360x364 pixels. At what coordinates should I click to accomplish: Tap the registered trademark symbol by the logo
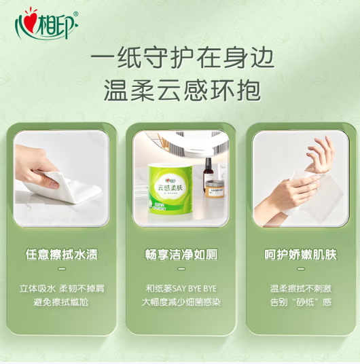coord(75,14)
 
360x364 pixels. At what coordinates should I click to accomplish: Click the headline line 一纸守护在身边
coord(182,58)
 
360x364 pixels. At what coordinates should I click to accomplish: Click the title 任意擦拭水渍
coord(62,254)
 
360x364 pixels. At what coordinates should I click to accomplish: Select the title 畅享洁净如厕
coord(181,254)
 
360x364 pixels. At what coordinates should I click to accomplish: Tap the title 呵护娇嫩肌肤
coord(300,254)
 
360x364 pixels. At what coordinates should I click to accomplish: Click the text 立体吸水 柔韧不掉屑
coord(62,289)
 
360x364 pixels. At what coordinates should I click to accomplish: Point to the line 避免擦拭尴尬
coord(61,302)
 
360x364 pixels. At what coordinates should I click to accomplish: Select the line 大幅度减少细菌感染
coord(181,302)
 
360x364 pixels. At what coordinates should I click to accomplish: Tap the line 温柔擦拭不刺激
coord(300,289)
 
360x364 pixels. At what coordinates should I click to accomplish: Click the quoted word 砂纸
coord(305,302)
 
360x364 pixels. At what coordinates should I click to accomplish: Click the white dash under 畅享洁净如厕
coord(181,269)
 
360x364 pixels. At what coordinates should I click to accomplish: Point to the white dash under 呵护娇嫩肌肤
coord(301,269)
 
